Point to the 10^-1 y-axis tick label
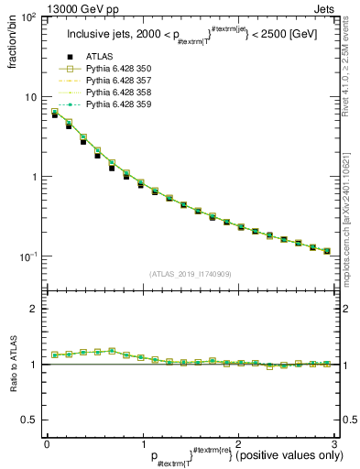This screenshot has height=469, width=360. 28,256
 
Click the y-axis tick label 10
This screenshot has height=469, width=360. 31,97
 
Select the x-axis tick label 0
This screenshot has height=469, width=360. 47,442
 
